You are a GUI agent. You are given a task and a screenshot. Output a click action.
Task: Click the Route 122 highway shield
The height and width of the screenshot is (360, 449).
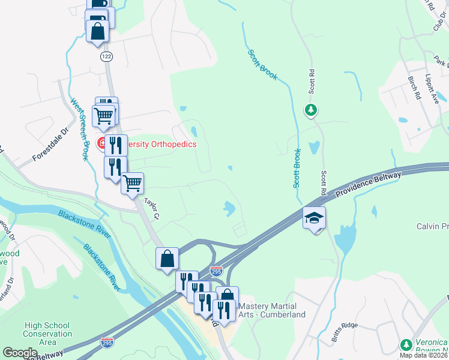pyautogui.click(x=106, y=56)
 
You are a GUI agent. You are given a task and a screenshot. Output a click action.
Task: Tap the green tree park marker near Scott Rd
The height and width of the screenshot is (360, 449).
pyautogui.click(x=310, y=110)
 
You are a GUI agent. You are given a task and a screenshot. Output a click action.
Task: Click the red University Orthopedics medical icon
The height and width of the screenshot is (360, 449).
pyautogui.click(x=103, y=144)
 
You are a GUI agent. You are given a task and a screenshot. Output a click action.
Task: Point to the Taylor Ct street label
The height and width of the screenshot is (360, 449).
pyautogui.click(x=151, y=207)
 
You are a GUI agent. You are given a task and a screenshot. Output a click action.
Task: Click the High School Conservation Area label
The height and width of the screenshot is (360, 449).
pyautogui.click(x=47, y=334)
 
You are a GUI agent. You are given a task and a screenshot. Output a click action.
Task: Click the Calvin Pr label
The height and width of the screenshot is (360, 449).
pyautogui.click(x=432, y=226)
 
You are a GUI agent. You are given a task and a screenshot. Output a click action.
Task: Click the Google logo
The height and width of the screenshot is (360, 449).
pyautogui.click(x=20, y=352)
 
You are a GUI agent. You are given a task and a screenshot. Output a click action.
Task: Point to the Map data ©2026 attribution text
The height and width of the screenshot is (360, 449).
pyautogui.click(x=424, y=355)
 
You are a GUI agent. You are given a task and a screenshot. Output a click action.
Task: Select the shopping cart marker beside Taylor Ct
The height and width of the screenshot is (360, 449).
pyautogui.click(x=132, y=183)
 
